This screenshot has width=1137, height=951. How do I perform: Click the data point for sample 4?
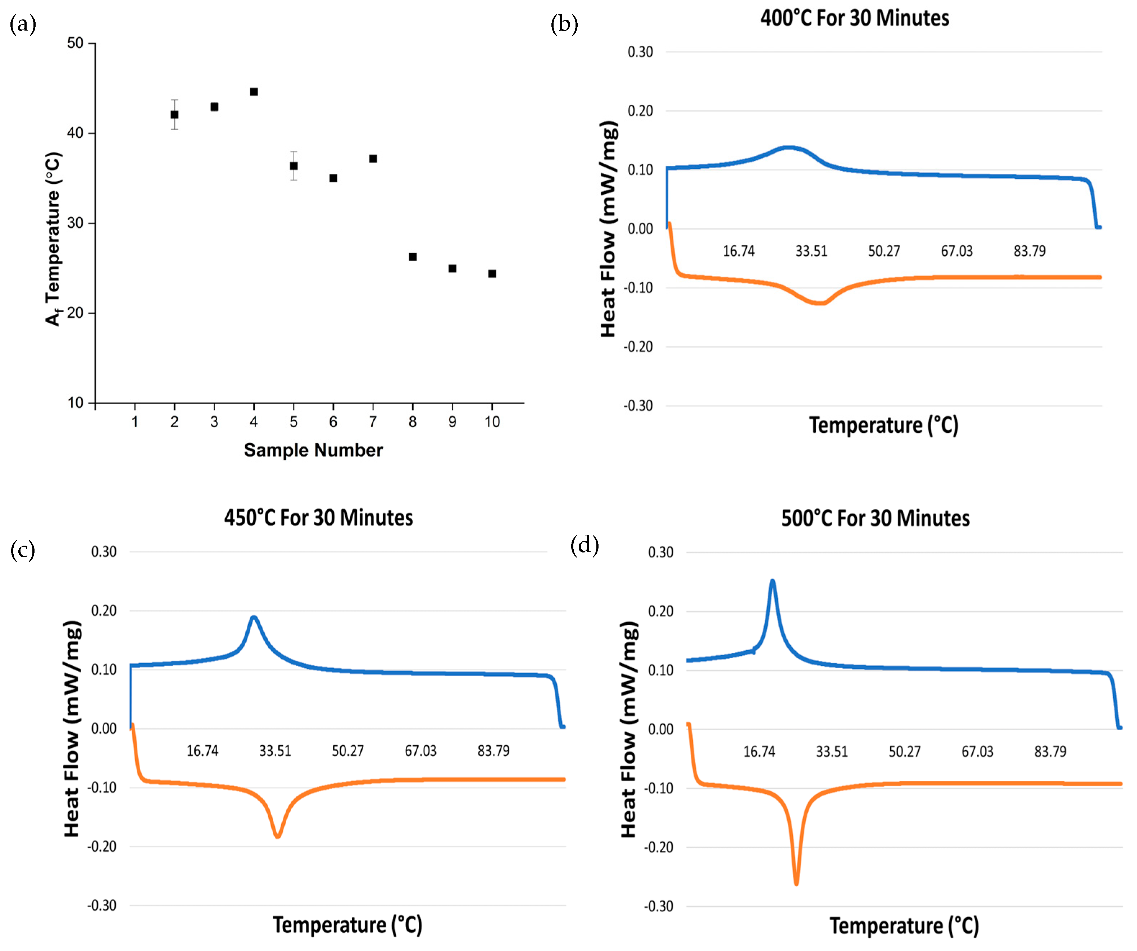[x=254, y=92]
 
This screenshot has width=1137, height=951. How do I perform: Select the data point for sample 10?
[x=492, y=274]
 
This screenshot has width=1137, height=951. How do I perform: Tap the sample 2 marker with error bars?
[x=174, y=115]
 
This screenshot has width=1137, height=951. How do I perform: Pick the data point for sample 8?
[x=413, y=257]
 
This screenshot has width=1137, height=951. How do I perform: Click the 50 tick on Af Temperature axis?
[x=75, y=43]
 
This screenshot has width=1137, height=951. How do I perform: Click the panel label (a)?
[x=23, y=24]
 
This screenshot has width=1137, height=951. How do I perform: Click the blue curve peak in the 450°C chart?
[x=253, y=617]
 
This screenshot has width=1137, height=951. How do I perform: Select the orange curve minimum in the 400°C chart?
[x=821, y=303]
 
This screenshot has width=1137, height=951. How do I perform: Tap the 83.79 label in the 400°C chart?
[x=1029, y=251]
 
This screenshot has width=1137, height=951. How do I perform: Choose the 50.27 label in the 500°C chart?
[x=904, y=751]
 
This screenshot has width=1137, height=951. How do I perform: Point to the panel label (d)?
[x=585, y=545]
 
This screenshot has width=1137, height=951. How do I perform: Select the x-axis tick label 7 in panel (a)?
[x=373, y=422]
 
